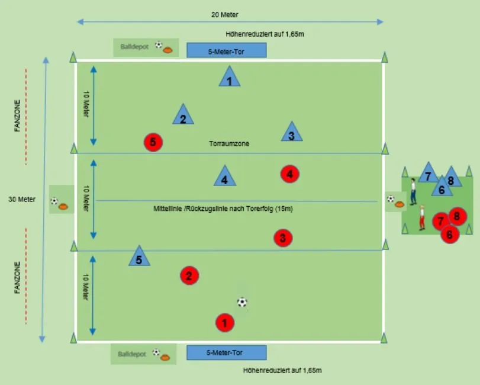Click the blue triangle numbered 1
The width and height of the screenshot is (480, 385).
pyautogui.click(x=229, y=78)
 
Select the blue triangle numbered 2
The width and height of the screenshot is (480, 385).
pyautogui.click(x=183, y=115)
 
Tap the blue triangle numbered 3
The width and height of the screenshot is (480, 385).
pyautogui.click(x=291, y=133)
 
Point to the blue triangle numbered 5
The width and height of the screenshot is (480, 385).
pyautogui.click(x=139, y=256)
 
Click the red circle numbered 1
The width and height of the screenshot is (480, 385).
pyautogui.click(x=224, y=323)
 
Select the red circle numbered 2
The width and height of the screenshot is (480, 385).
pyautogui.click(x=189, y=275)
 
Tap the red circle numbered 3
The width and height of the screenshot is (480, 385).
pyautogui.click(x=283, y=238)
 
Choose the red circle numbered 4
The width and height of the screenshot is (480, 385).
pyautogui.click(x=289, y=174)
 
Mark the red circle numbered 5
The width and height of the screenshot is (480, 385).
pyautogui.click(x=153, y=142)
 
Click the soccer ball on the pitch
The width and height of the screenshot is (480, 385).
pyautogui.click(x=242, y=302)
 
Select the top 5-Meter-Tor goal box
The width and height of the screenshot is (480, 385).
pyautogui.click(x=226, y=50)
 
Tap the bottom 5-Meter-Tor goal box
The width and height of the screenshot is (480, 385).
pyautogui.click(x=226, y=353)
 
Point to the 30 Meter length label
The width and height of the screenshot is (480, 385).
pyautogui.click(x=22, y=199)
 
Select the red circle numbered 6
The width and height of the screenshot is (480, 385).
pyautogui.click(x=449, y=235)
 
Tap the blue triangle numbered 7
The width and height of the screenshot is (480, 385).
pyautogui.click(x=428, y=174)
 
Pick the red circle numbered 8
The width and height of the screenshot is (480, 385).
pyautogui.click(x=457, y=216)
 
